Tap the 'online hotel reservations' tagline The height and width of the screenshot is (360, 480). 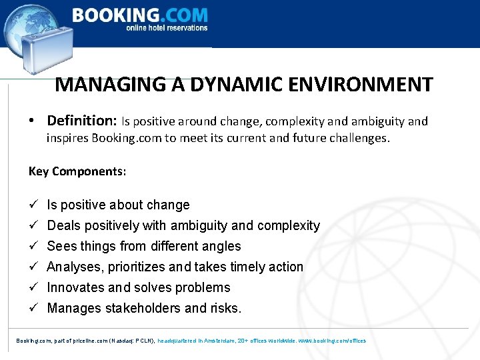pyautogui.click(x=167, y=28)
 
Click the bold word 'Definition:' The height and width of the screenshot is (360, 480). pyautogui.click(x=82, y=121)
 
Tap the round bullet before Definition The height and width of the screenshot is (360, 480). pyautogui.click(x=32, y=121)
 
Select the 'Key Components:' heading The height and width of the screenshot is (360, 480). pyautogui.click(x=77, y=171)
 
